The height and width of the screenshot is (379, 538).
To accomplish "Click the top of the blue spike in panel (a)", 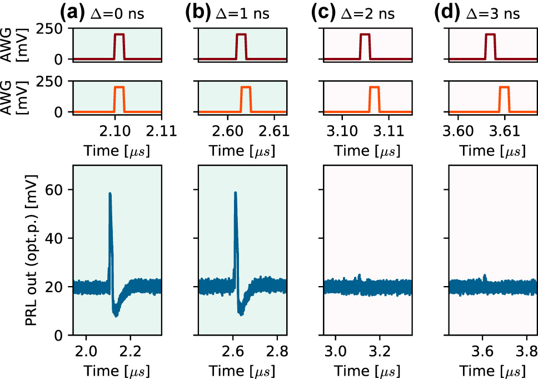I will click(110, 194).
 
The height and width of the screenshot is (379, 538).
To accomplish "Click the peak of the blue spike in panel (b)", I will click(236, 193).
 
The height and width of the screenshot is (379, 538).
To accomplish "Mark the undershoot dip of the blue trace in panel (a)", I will click(116, 314).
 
